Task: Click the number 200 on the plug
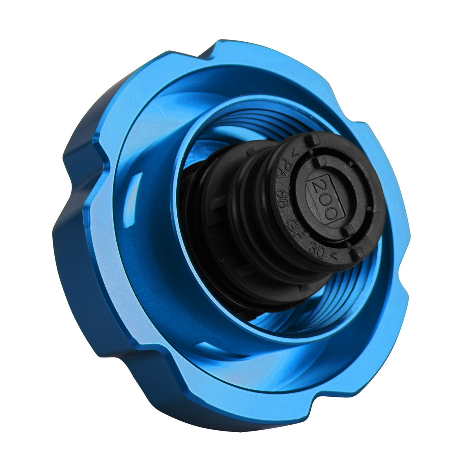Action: coord(326,200)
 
